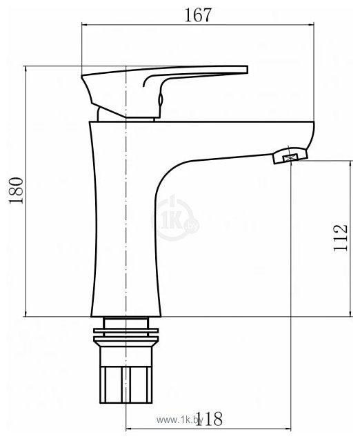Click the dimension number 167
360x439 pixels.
pos(198,14)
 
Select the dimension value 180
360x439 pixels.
pos(15,191)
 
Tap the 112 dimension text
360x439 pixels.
pos(340,239)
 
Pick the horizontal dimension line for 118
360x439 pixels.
pos(172,428)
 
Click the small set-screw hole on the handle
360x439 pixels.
pos(161,101)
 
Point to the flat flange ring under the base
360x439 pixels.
pos(127,337)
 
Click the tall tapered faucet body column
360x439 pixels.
pos(124,228)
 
